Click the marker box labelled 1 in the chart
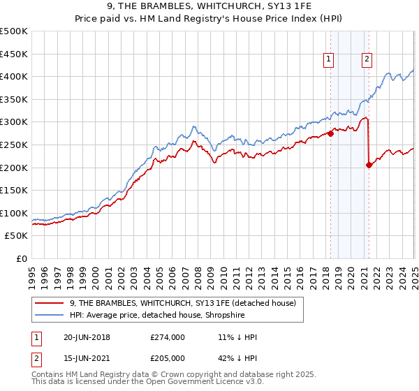pos(328,60)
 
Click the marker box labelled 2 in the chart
pos(367,60)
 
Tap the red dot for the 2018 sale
pos(331,133)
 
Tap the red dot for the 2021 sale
pos(369,165)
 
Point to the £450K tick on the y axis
pos(14,53)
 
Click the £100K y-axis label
pos(14,213)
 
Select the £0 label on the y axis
pos(21,259)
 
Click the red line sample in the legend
pos(50,303)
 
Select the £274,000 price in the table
pos(168,338)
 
